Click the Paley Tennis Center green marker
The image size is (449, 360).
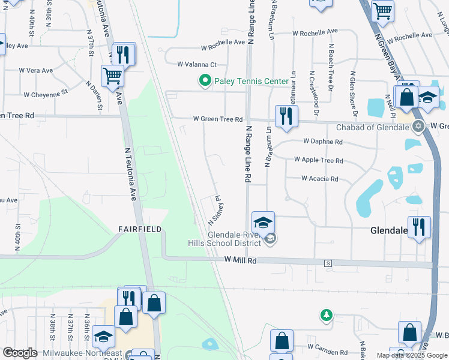[205, 80]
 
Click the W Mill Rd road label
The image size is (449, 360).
[241, 261]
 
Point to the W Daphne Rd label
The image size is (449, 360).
[322, 142]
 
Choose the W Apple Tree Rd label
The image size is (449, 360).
[318, 161]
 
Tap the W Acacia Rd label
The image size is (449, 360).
[319, 179]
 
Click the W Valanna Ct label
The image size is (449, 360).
[196, 64]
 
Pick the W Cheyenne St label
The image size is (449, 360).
[46, 94]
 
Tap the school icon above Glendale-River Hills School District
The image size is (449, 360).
[263, 223]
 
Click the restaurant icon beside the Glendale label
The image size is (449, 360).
[419, 227]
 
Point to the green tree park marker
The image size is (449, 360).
[326, 315]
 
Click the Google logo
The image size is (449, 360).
[20, 353]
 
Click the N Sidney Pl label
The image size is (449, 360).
[215, 208]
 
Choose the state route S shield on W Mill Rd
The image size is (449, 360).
[328, 263]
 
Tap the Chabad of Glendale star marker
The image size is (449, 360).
[419, 127]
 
